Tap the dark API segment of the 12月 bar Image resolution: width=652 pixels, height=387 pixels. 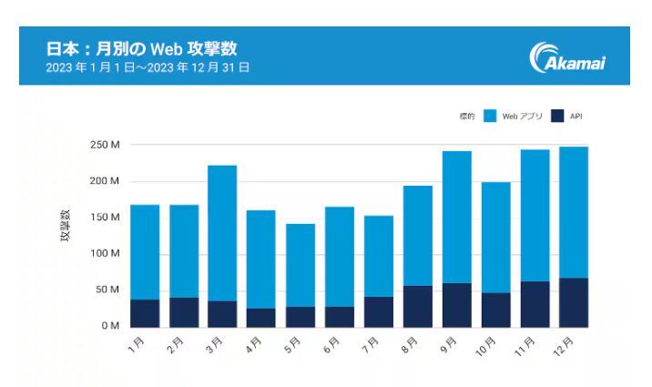pyautogui.click(x=574, y=302)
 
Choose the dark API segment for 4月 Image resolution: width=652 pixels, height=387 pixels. pyautogui.click(x=261, y=317)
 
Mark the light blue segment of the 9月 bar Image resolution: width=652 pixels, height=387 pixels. pyautogui.click(x=457, y=217)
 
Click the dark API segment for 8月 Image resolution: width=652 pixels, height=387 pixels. pyautogui.click(x=418, y=306)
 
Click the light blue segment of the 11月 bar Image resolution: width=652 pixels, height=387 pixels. pyautogui.click(x=535, y=215)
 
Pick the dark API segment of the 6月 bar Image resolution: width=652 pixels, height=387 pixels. pyautogui.click(x=340, y=316)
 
